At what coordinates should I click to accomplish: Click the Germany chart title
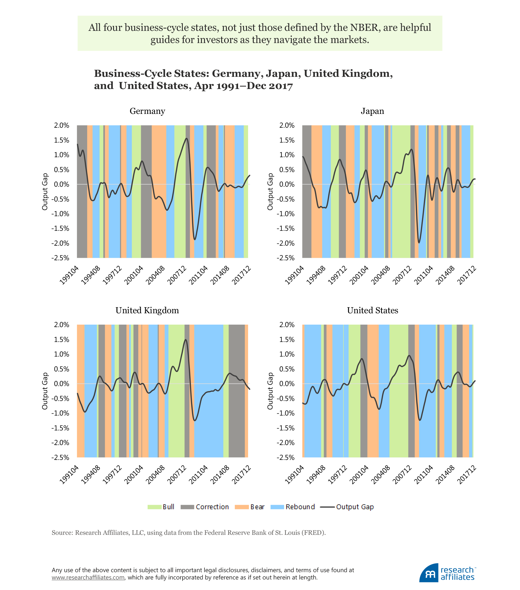147,111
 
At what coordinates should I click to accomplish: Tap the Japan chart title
372,111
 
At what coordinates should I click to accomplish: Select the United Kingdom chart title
147,310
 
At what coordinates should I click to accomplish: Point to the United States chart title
372,310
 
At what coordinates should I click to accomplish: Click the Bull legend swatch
154,507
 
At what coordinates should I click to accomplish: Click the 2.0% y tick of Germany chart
61,126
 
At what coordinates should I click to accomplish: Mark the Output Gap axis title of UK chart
45,391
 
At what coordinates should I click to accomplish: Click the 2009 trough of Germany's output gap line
195,239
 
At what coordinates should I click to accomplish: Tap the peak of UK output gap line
186,340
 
